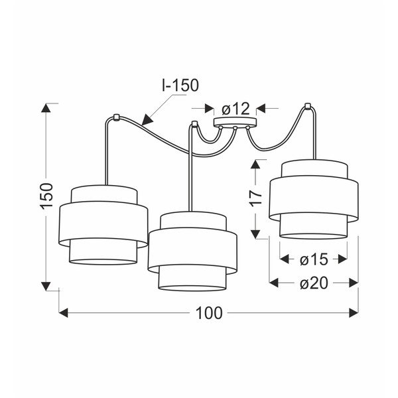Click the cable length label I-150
[x=180, y=85]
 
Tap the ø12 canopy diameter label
[x=235, y=109]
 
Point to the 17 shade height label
[x=255, y=198]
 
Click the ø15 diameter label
[x=314, y=259]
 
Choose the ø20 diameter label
[x=314, y=283]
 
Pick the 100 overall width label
[x=209, y=313]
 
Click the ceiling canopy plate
[x=235, y=122]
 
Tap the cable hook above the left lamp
[x=116, y=117]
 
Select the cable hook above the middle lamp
[x=194, y=124]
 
